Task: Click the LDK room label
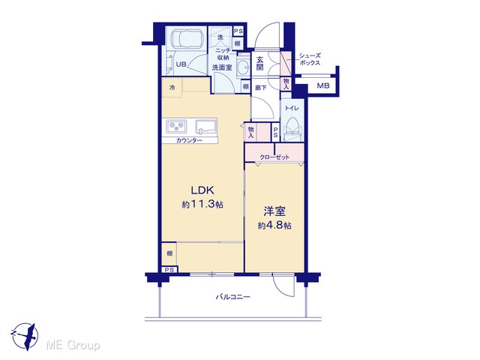pyautogui.click(x=202, y=190)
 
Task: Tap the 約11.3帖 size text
pyautogui.click(x=202, y=204)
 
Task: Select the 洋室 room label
pyautogui.click(x=274, y=211)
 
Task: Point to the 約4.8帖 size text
pyautogui.click(x=274, y=226)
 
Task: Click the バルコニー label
pyautogui.click(x=233, y=297)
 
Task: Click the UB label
pyautogui.click(x=181, y=64)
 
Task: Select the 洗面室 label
pyautogui.click(x=222, y=67)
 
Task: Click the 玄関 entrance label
pyautogui.click(x=260, y=63)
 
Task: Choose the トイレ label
pyautogui.click(x=292, y=108)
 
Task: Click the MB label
pyautogui.click(x=323, y=85)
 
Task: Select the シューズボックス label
pyautogui.click(x=310, y=59)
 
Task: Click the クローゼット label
pyautogui.click(x=274, y=157)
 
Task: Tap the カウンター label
pyautogui.click(x=189, y=140)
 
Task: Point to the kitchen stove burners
pyautogui.click(x=176, y=126)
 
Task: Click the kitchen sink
pyautogui.click(x=206, y=127)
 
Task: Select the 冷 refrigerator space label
pyautogui.click(x=172, y=88)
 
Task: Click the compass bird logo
pyautogui.click(x=25, y=336)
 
